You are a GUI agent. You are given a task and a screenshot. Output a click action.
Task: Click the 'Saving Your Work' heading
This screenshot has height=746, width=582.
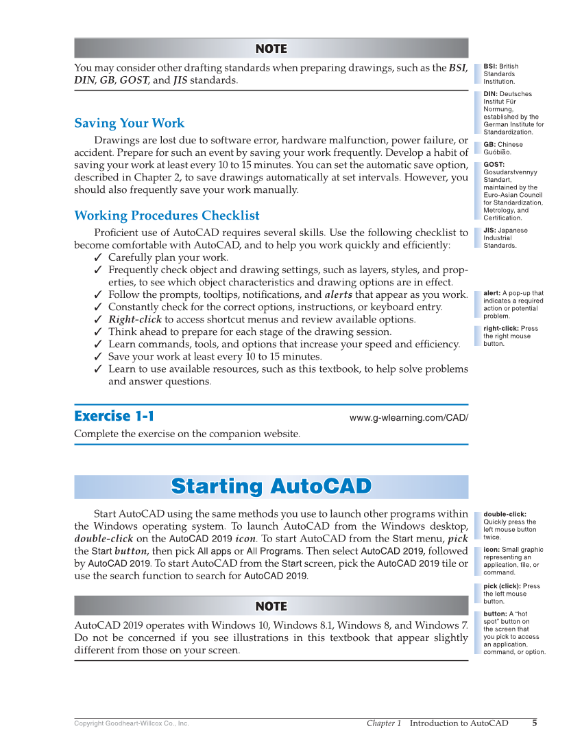click(129, 124)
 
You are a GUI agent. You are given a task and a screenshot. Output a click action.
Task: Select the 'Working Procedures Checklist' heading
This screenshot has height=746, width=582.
click(167, 215)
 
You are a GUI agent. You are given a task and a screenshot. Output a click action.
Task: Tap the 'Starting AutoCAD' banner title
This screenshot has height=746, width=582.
click(271, 486)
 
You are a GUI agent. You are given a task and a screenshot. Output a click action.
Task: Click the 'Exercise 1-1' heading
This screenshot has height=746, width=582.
click(114, 416)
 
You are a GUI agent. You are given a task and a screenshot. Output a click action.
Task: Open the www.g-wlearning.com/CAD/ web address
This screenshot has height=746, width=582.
click(409, 417)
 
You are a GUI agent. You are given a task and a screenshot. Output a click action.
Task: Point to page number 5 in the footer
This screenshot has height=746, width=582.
click(534, 723)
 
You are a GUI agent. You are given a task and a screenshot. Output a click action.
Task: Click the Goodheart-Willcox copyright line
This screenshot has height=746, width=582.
click(131, 723)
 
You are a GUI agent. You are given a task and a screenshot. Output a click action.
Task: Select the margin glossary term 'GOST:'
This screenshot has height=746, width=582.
click(494, 165)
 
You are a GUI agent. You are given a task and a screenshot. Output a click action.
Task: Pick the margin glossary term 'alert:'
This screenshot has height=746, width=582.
click(492, 294)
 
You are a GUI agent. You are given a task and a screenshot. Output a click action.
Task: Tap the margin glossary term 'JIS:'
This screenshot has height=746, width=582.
click(489, 231)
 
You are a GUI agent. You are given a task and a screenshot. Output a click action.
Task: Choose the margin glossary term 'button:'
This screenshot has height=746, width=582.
click(496, 614)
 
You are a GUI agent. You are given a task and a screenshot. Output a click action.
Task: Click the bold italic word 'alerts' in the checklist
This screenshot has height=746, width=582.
click(338, 294)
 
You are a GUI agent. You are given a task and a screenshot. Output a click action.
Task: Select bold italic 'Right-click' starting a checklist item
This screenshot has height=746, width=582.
click(135, 320)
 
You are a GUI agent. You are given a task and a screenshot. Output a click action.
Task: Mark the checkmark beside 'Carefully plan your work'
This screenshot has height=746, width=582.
click(98, 258)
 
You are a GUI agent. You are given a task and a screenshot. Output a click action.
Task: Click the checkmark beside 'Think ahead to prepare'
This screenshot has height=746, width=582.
click(98, 332)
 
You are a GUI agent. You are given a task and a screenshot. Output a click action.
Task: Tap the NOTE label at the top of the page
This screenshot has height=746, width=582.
click(271, 49)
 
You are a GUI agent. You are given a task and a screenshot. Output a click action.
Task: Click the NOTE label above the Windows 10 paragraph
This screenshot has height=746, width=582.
click(271, 606)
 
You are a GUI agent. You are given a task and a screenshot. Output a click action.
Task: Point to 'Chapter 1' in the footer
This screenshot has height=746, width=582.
click(383, 723)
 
